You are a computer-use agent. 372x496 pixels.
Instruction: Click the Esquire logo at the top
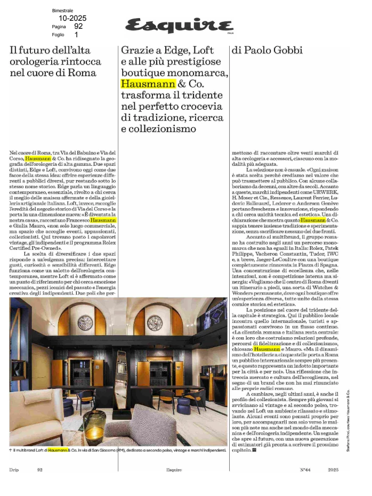point(180,25)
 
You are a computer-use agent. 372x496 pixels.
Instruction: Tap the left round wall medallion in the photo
point(85,324)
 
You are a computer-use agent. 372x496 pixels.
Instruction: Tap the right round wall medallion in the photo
point(155,324)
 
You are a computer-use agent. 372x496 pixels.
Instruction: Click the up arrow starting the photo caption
point(11,451)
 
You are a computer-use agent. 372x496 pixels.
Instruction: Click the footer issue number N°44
point(305,470)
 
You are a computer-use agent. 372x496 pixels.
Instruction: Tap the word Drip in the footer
point(14,470)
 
